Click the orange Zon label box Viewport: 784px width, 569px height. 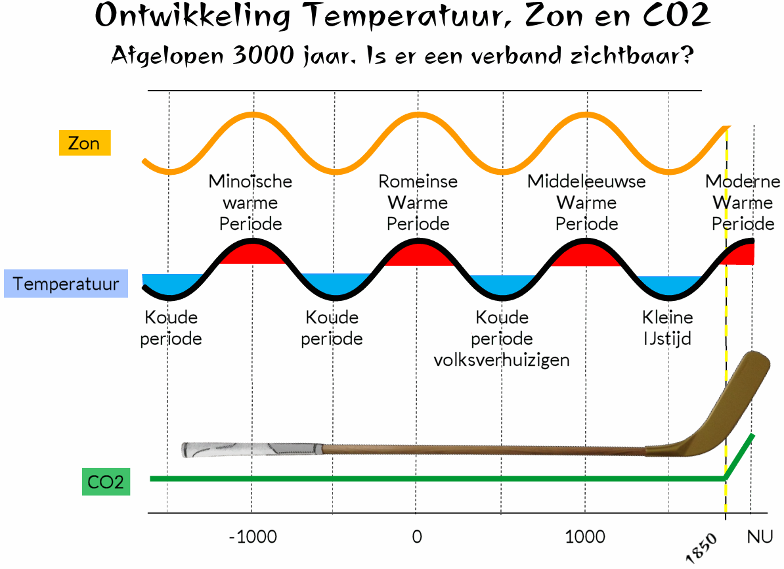pos(84,143)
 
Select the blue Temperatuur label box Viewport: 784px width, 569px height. pos(66,284)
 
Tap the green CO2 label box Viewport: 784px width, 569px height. pos(105,483)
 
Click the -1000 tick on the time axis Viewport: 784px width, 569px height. pos(253,537)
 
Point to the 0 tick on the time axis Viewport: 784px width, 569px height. pos(416,537)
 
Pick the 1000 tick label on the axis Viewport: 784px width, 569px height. pos(585,537)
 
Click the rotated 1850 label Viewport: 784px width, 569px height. pos(703,547)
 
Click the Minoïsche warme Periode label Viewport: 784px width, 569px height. pos(250,202)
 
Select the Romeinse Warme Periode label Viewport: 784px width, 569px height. pos(418,202)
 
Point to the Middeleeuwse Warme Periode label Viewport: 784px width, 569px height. pos(586,202)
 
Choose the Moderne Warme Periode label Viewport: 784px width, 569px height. pos(743,202)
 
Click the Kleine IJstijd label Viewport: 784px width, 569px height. pos(667,329)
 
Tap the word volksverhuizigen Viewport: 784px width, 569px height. pos(502,360)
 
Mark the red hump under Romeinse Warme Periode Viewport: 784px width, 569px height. pos(416,255)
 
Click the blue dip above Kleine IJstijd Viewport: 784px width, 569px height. pos(668,284)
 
